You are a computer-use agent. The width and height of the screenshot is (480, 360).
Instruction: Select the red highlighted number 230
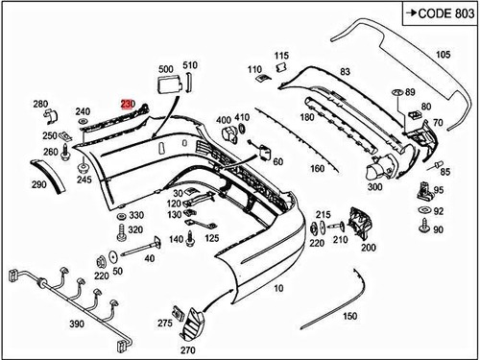click(x=128, y=102)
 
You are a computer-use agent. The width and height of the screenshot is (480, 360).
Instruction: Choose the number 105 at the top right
click(x=443, y=55)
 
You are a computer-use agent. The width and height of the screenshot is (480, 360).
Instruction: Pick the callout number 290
click(x=38, y=184)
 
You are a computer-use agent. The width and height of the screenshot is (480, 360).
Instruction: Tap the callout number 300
click(x=373, y=188)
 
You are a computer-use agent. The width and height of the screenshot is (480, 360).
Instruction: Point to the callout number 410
click(x=241, y=116)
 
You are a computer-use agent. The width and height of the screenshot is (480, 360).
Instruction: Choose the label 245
click(x=85, y=180)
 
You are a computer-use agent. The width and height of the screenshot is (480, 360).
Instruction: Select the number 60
click(x=277, y=162)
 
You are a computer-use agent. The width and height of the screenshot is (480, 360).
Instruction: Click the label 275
click(x=164, y=324)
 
